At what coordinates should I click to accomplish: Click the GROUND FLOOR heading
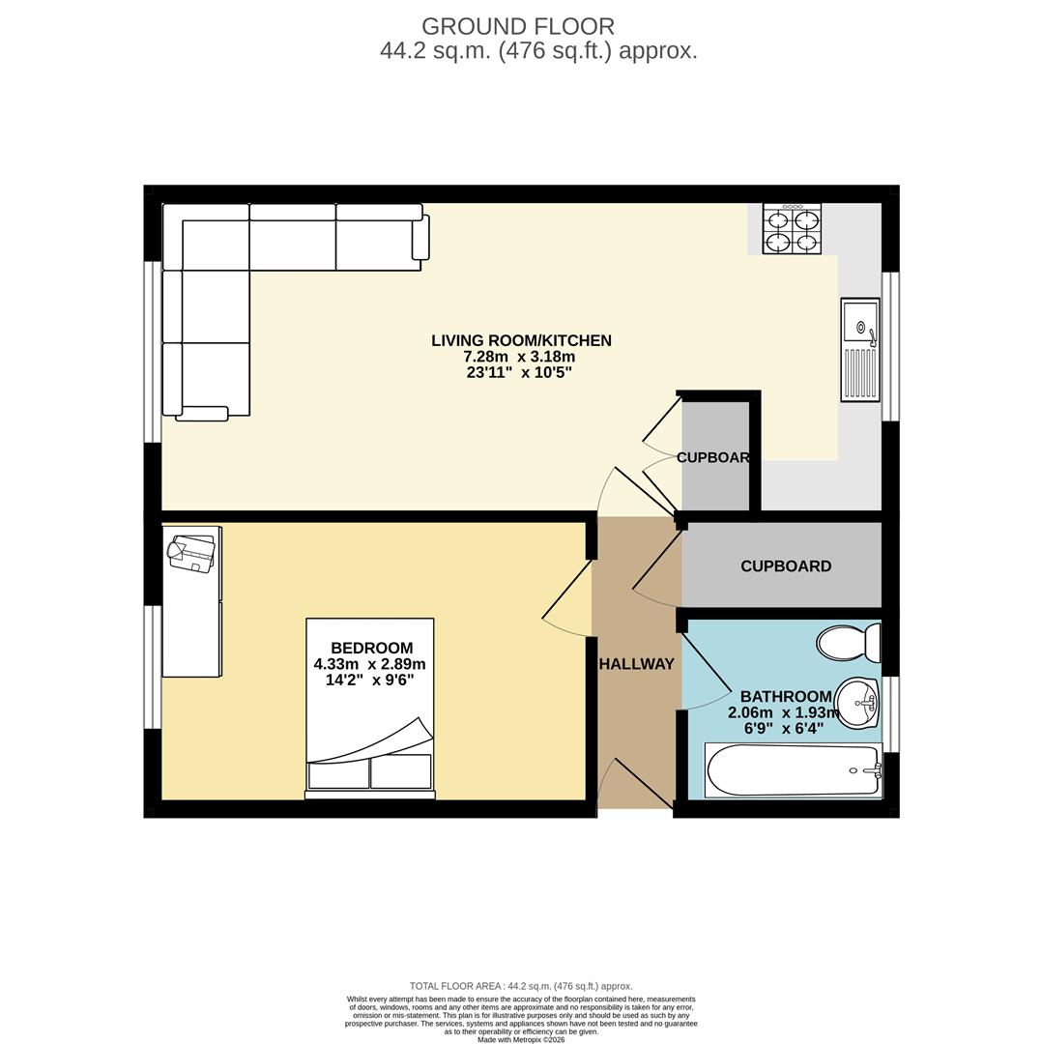click(x=517, y=27)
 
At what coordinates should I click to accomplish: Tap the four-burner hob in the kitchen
click(x=792, y=229)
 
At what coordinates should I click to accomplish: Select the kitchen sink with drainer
click(x=859, y=349)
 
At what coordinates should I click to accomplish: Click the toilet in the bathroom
click(x=849, y=642)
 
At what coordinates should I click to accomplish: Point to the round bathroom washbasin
click(x=855, y=702)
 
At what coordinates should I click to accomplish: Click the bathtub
click(x=793, y=770)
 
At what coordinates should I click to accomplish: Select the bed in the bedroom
click(x=370, y=709)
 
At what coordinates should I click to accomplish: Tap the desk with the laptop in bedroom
click(x=191, y=600)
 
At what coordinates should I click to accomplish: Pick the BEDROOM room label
click(x=371, y=648)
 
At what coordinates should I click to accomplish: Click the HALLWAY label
click(x=636, y=664)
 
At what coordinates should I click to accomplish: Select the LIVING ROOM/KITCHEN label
click(x=521, y=340)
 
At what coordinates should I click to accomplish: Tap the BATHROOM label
click(x=785, y=696)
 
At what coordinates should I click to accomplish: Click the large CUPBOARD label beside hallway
click(x=785, y=566)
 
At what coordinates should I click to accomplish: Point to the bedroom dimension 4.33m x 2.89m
click(x=369, y=664)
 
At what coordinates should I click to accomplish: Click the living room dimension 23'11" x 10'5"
click(x=519, y=372)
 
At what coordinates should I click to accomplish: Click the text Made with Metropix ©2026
click(x=521, y=1040)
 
